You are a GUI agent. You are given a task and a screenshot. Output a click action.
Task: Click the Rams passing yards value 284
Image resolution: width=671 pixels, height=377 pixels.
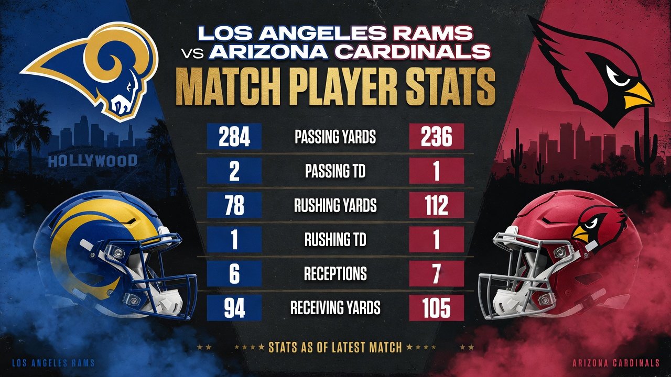pyautogui.click(x=234, y=137)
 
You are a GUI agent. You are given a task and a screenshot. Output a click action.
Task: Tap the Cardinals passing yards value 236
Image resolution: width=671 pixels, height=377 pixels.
pyautogui.click(x=437, y=137)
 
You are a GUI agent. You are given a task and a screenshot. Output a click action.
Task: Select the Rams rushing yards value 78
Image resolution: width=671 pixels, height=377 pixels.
pyautogui.click(x=234, y=205)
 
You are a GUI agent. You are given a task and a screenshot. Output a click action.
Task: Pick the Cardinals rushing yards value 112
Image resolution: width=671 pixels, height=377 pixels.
pyautogui.click(x=437, y=205)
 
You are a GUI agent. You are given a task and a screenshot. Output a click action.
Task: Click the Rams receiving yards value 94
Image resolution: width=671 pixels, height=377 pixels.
pyautogui.click(x=234, y=308)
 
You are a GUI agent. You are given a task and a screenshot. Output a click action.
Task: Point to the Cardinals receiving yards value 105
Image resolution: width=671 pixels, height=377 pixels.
pyautogui.click(x=437, y=308)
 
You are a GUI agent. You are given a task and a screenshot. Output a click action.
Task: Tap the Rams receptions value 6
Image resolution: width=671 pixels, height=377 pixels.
pyautogui.click(x=234, y=273)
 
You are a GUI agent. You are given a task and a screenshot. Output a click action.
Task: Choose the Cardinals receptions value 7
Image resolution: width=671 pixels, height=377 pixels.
pyautogui.click(x=437, y=273)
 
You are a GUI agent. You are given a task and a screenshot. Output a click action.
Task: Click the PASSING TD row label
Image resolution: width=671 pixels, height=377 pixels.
pyautogui.click(x=335, y=171)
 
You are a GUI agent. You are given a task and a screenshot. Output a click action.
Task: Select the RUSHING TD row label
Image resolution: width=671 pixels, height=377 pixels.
pyautogui.click(x=335, y=239)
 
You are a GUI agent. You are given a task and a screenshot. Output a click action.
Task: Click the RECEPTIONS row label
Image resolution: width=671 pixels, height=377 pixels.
pyautogui.click(x=335, y=273)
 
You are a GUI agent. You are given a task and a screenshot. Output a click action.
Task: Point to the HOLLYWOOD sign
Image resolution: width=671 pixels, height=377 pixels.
pyautogui.click(x=93, y=161)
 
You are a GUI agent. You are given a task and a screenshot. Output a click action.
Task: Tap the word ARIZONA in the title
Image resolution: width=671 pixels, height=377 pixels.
pyautogui.click(x=268, y=52)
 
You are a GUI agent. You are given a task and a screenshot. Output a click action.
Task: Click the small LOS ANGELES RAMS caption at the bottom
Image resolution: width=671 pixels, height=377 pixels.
pyautogui.click(x=53, y=363)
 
